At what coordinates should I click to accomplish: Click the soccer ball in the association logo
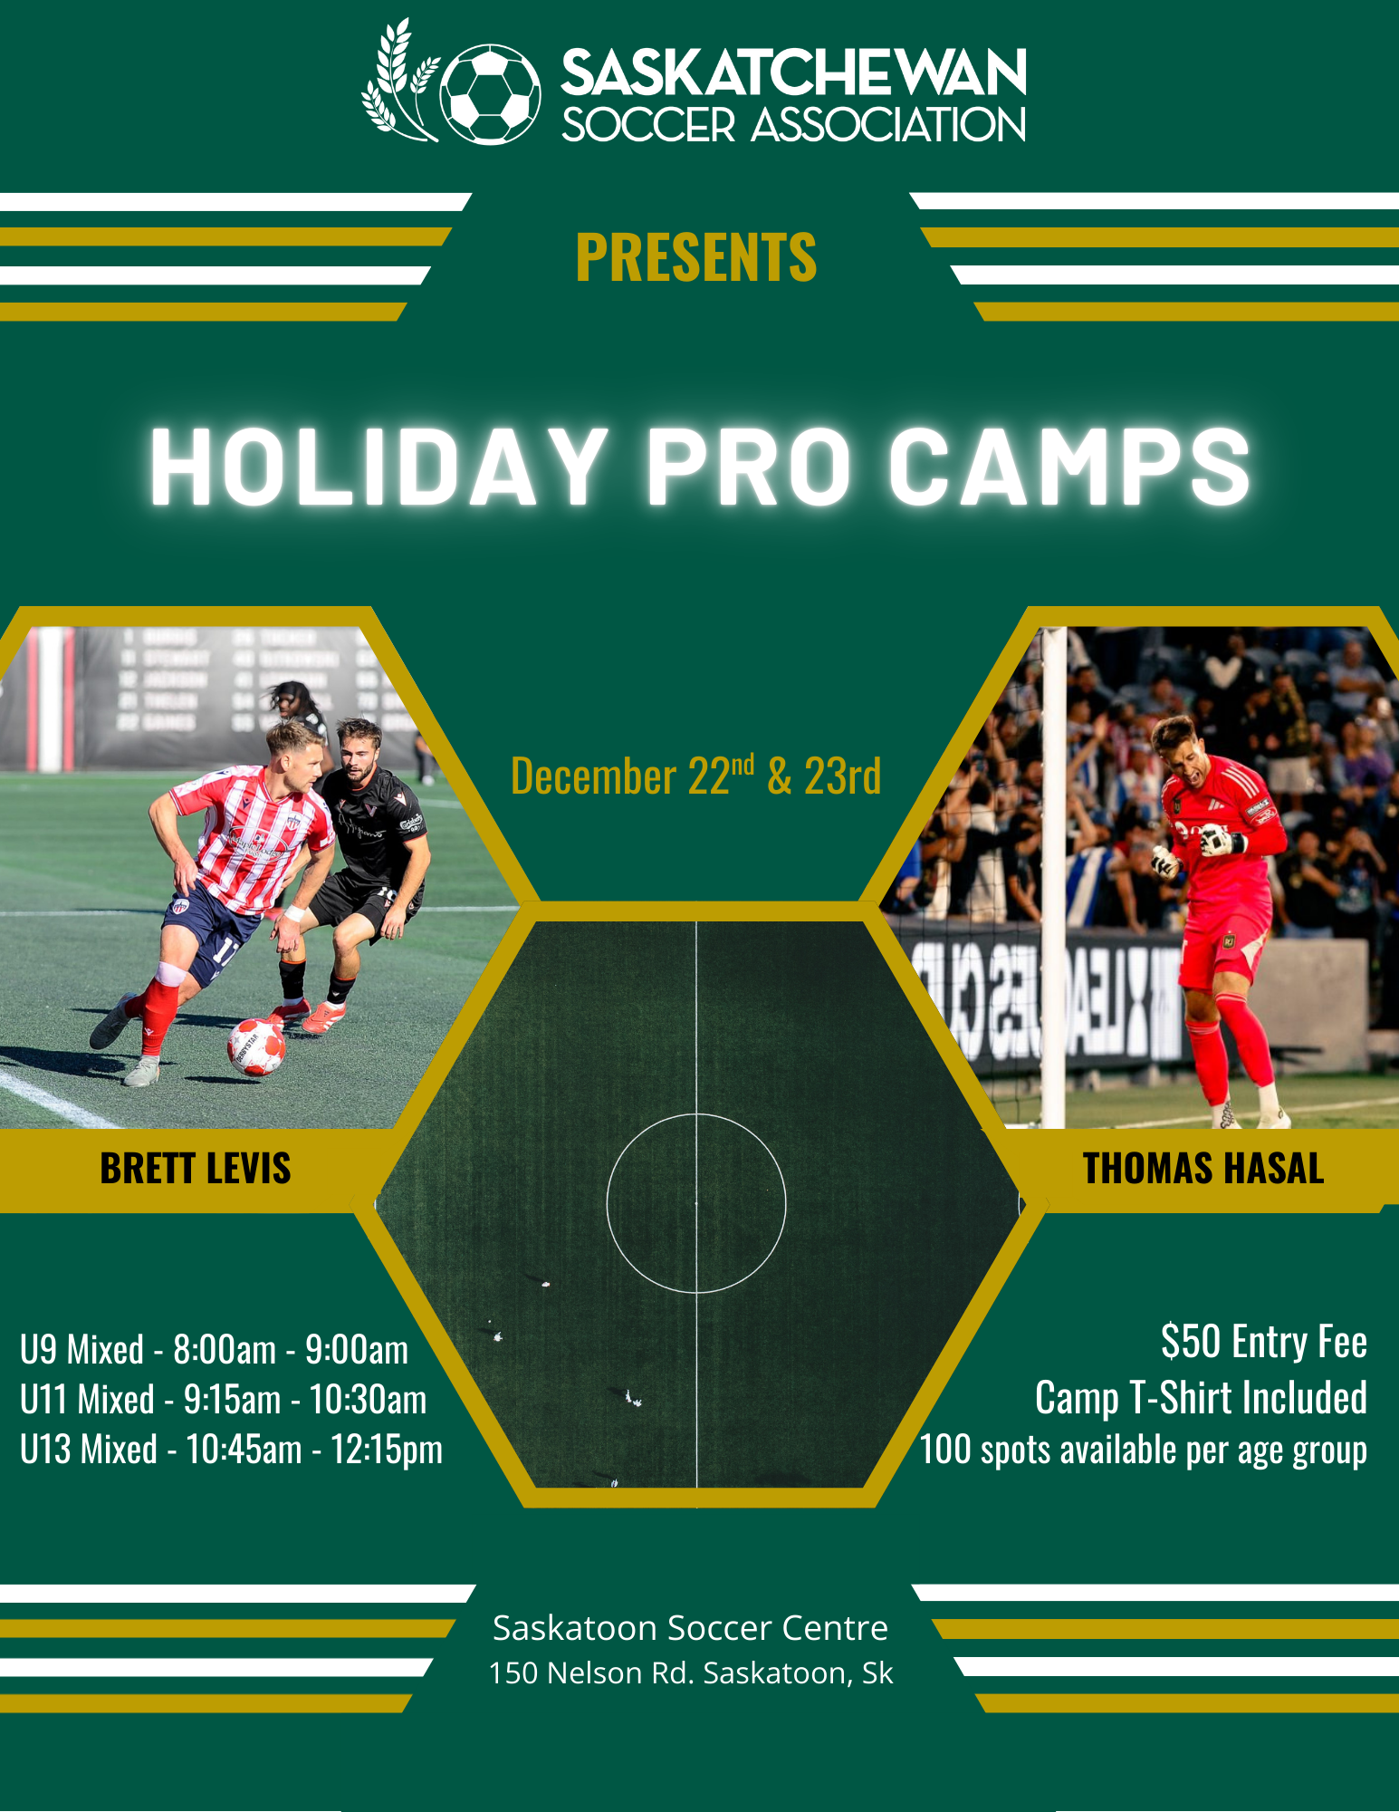pos(491,94)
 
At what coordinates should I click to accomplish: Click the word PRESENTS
pos(696,257)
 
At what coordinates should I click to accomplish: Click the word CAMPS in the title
pos(1068,466)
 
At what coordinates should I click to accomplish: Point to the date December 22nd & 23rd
pos(696,776)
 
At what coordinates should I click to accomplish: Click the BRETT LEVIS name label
pos(196,1169)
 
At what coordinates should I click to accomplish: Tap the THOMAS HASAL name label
pos(1203,1169)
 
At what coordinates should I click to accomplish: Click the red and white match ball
pos(256,1047)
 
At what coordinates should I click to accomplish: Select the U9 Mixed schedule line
pos(215,1350)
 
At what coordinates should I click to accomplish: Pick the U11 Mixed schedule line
pos(224,1400)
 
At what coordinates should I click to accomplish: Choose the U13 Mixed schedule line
pos(232,1450)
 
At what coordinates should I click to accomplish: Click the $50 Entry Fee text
pos(1264,1342)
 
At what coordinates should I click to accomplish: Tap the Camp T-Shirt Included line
pos(1202,1398)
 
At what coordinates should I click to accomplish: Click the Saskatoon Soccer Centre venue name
pos(691,1628)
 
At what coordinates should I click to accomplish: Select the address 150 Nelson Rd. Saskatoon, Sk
pos(691,1673)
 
